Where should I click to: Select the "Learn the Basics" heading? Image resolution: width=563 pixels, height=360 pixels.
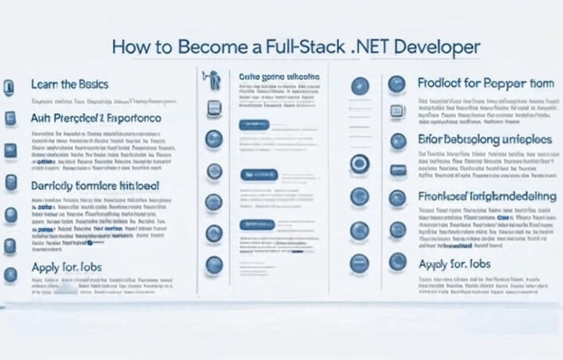point(70,85)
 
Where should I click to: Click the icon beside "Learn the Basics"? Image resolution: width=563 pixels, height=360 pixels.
point(10,86)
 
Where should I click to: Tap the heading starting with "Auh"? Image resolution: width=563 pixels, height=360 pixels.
point(96,118)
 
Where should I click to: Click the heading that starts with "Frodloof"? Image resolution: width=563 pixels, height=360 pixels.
point(485,84)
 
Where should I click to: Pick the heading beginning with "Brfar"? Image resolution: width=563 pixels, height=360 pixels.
point(485,139)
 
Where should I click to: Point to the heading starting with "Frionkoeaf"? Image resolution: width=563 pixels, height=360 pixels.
point(487,196)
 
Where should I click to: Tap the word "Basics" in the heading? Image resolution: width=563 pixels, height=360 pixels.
point(91,85)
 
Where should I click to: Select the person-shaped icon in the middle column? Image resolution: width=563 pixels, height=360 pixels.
point(211,76)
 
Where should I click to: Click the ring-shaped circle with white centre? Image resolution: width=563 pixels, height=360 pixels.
point(360,164)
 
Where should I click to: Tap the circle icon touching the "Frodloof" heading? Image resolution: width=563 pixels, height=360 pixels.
point(398,85)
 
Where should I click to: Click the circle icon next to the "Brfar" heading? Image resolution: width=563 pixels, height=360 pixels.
point(398,140)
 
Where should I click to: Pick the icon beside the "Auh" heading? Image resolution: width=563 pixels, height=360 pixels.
point(10,117)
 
